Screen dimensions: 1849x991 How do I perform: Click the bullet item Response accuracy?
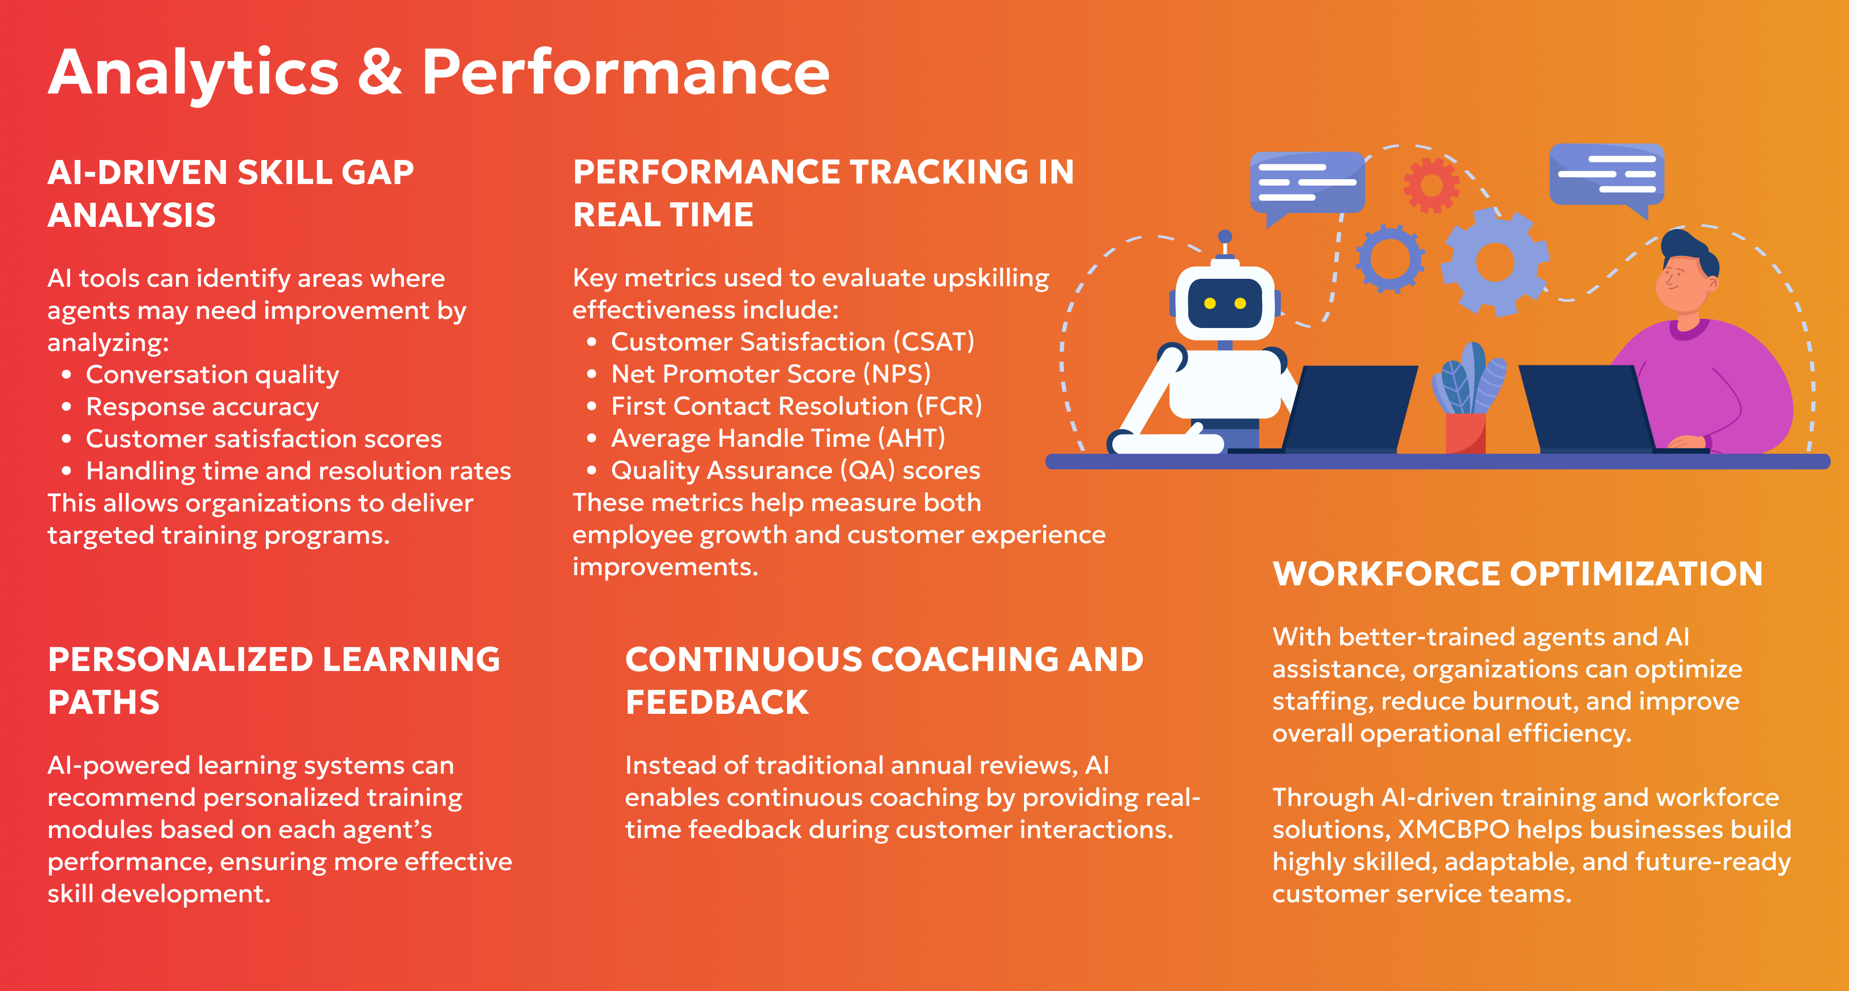[x=202, y=407]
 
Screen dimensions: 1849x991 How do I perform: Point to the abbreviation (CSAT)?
[x=934, y=342]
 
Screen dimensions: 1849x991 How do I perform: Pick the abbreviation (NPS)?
[x=897, y=373]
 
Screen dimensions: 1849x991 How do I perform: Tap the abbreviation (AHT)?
[x=912, y=438]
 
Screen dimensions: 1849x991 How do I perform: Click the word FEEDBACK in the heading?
[x=716, y=703]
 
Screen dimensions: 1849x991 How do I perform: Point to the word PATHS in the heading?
[x=104, y=703]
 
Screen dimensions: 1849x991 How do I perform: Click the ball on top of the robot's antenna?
[x=1225, y=237]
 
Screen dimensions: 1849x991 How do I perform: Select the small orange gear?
[x=1431, y=185]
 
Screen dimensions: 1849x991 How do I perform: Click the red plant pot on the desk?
[x=1465, y=433]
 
